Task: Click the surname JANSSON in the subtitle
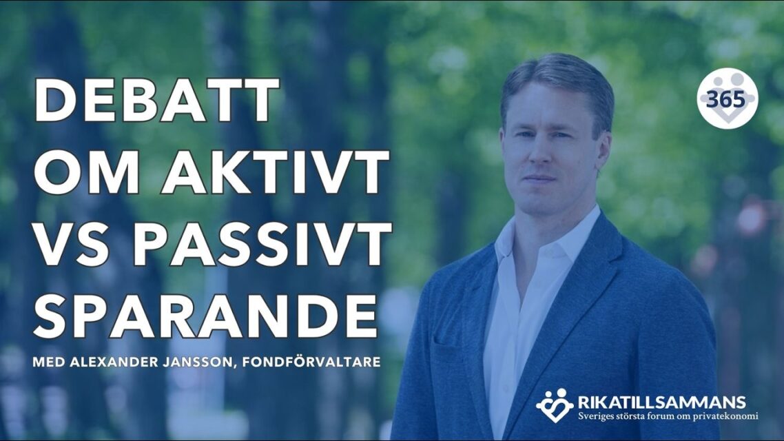(200, 361)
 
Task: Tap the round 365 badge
(727, 99)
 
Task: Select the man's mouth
(540, 177)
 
